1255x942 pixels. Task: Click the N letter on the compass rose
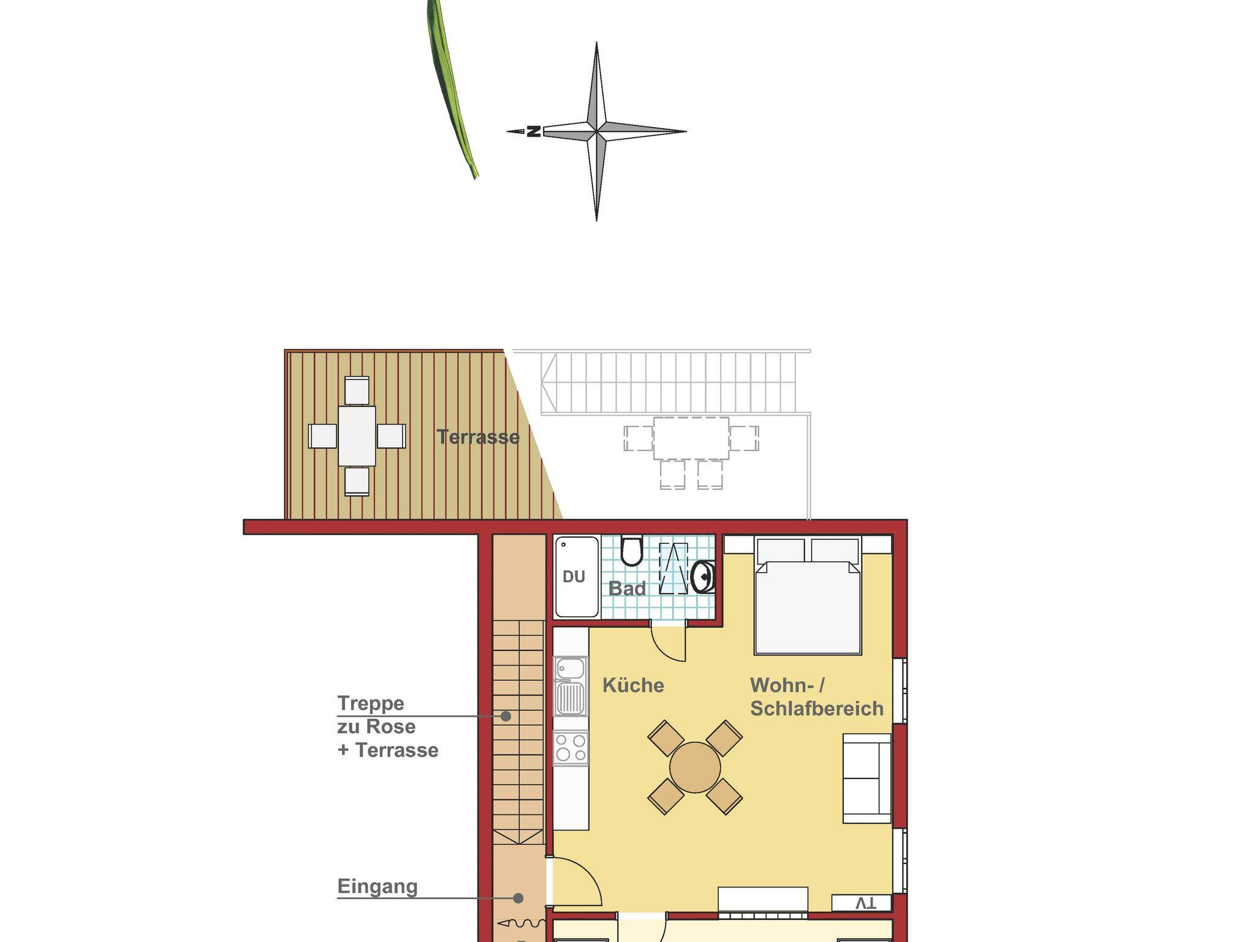click(534, 131)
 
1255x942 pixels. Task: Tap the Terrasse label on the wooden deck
click(478, 437)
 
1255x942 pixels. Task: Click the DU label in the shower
click(574, 576)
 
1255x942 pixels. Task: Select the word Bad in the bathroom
click(627, 589)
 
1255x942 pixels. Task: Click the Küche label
click(633, 685)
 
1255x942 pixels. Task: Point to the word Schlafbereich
click(817, 708)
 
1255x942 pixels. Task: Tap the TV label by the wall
click(865, 903)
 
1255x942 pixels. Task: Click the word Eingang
click(377, 887)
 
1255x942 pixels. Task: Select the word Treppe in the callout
click(371, 703)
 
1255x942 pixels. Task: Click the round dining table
click(695, 767)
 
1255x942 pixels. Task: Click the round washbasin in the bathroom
click(704, 576)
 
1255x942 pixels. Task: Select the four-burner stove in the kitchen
click(571, 748)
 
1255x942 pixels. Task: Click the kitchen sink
click(571, 686)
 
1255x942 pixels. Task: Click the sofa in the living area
click(866, 778)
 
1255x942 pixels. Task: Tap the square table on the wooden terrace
click(357, 435)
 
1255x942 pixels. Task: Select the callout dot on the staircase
click(506, 715)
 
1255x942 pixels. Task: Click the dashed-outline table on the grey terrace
click(691, 439)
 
